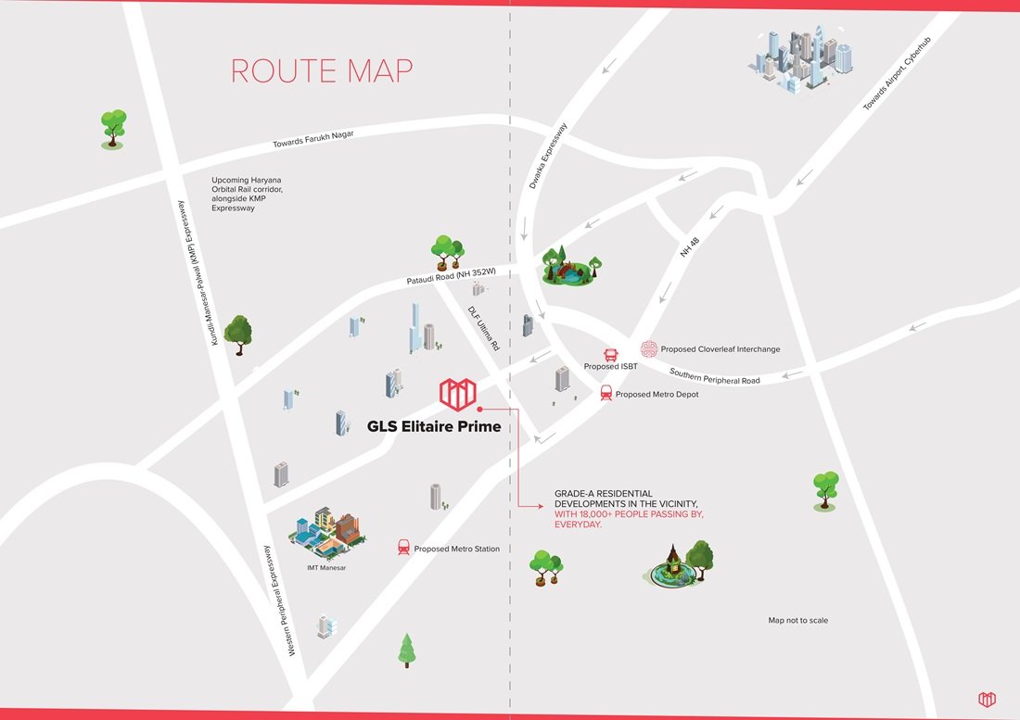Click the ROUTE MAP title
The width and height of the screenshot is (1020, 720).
click(x=321, y=71)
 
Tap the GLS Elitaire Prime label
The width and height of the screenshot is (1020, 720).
click(x=421, y=426)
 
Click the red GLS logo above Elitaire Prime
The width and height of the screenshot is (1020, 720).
click(x=456, y=393)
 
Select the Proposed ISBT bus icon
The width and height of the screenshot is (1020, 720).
click(x=611, y=354)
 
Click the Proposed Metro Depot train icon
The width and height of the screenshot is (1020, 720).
click(x=606, y=393)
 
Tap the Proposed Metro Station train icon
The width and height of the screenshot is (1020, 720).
click(x=403, y=548)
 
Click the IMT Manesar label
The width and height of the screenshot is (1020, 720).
click(x=326, y=567)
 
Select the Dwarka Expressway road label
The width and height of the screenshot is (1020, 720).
click(x=548, y=157)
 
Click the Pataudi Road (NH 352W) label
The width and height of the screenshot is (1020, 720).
click(x=452, y=275)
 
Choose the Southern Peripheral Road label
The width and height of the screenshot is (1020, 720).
click(x=714, y=376)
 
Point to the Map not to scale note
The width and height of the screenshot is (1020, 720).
click(x=797, y=620)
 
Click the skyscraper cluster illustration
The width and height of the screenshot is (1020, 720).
click(x=799, y=59)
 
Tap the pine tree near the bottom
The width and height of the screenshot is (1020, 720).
click(x=406, y=650)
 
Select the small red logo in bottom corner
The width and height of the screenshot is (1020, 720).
click(x=987, y=698)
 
